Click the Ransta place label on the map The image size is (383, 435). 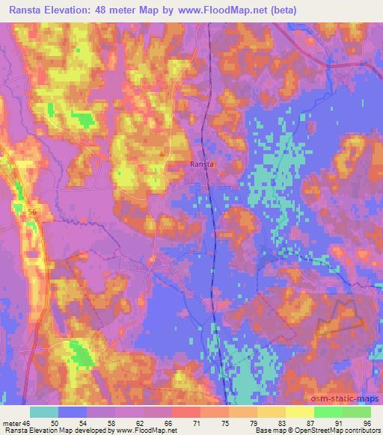(202, 164)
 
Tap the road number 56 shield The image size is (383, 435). (32, 213)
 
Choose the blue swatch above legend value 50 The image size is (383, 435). (72, 412)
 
